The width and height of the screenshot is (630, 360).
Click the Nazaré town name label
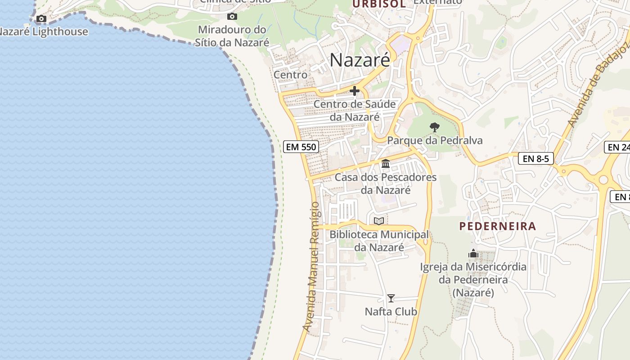click(360, 60)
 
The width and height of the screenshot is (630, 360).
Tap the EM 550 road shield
click(301, 147)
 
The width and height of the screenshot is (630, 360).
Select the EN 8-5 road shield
click(535, 158)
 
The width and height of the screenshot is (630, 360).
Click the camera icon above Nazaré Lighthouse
click(41, 18)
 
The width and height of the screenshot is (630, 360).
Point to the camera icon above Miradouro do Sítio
click(232, 17)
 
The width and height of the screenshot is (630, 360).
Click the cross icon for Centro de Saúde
click(355, 91)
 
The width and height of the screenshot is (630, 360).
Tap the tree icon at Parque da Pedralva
click(434, 127)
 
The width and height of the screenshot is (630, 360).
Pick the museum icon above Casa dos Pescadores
click(386, 164)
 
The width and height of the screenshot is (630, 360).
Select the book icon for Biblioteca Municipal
click(379, 221)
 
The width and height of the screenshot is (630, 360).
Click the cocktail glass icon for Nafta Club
click(391, 298)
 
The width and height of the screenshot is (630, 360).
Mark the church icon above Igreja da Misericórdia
click(473, 254)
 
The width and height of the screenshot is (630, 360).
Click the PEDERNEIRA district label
click(498, 226)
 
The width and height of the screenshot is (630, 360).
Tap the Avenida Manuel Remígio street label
click(314, 268)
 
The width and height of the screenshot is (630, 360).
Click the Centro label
click(291, 75)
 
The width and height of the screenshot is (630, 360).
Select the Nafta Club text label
click(391, 311)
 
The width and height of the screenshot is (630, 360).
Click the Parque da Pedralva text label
click(435, 140)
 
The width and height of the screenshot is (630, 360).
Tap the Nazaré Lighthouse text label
click(44, 31)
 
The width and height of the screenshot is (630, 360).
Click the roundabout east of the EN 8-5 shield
click(603, 180)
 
